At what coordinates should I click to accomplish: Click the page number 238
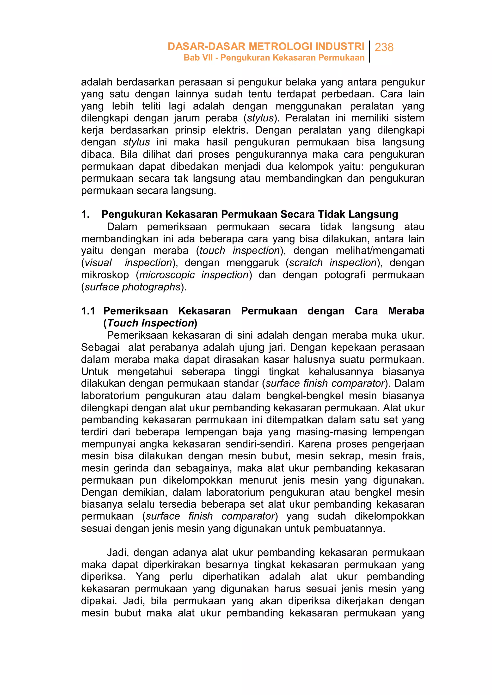(x=384, y=47)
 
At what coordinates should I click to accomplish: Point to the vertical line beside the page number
(x=369, y=51)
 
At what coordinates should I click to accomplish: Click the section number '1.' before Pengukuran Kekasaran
(x=85, y=215)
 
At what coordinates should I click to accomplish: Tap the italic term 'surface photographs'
(x=132, y=287)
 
